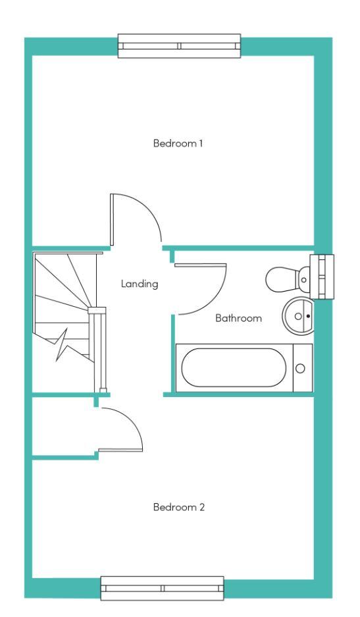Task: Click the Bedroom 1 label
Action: (178, 144)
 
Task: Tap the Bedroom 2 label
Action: (179, 507)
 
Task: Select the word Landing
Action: (140, 284)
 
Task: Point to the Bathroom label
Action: (238, 318)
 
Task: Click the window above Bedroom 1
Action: (179, 45)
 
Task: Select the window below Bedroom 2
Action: (162, 588)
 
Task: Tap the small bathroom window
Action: (322, 277)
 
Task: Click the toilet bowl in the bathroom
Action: (281, 279)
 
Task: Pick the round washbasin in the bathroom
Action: (298, 315)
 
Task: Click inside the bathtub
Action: (234, 367)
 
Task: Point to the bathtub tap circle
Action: (300, 368)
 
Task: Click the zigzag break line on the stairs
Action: (67, 344)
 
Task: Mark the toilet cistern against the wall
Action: (303, 279)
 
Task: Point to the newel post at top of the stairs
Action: (97, 310)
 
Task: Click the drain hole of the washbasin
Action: (308, 316)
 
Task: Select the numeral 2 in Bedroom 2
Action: (202, 507)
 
